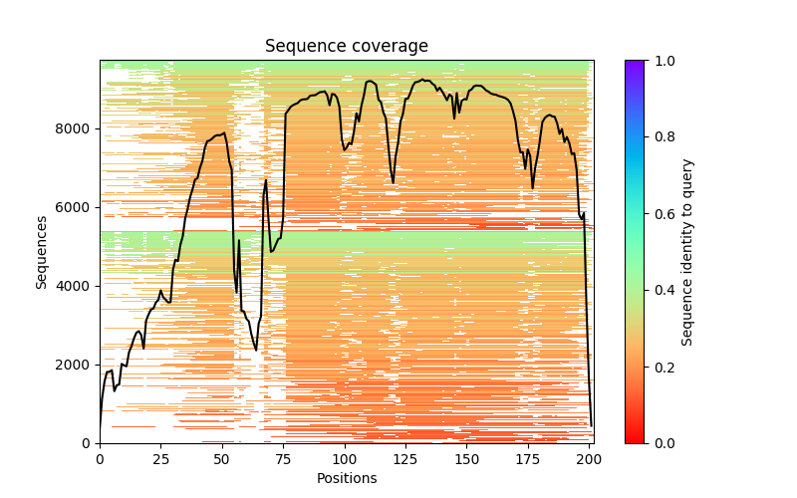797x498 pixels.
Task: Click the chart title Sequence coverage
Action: (x=346, y=47)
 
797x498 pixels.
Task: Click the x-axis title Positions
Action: (x=346, y=479)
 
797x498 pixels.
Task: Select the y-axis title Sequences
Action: (x=42, y=251)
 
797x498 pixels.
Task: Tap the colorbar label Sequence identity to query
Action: (x=687, y=251)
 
